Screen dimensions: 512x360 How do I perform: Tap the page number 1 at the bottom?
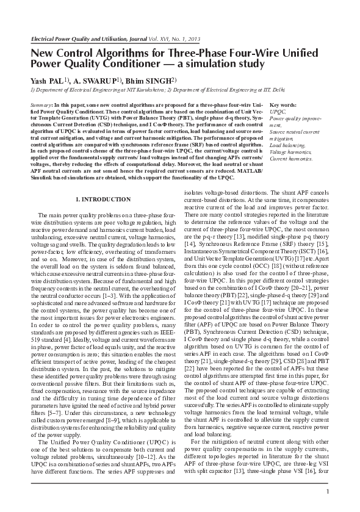pyautogui.click(x=328, y=492)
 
